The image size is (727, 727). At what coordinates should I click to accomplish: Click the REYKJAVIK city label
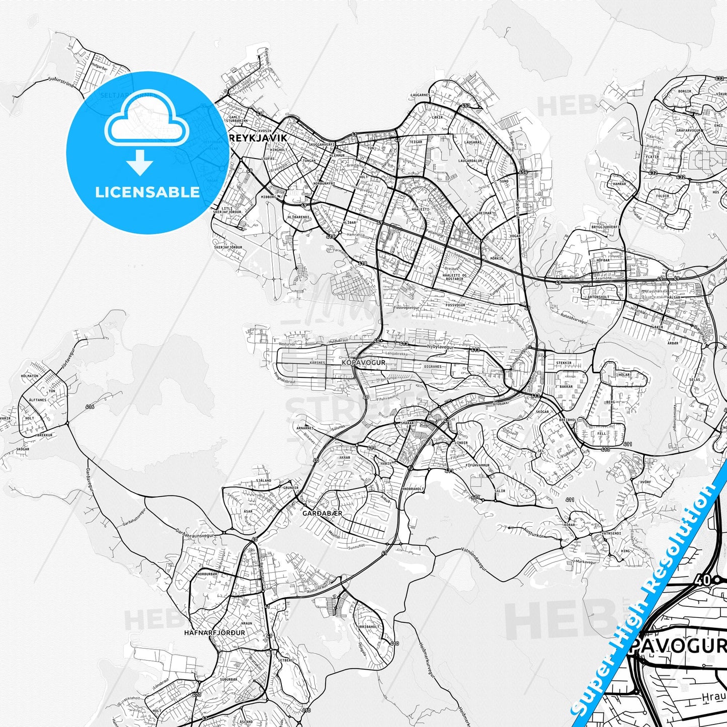[x=258, y=138]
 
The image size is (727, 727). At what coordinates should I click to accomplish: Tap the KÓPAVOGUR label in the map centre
[x=363, y=362]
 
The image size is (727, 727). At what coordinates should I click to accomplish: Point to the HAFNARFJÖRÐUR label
[x=215, y=633]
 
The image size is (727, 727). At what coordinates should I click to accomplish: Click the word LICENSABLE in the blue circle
[x=147, y=192]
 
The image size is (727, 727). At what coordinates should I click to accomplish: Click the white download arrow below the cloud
[x=140, y=163]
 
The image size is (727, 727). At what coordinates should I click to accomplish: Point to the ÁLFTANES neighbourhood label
[x=38, y=400]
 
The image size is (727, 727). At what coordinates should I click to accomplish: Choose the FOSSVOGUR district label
[x=455, y=305]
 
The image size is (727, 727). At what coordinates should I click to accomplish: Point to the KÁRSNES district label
[x=317, y=362]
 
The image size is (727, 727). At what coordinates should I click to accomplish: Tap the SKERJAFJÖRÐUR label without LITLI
[x=228, y=248]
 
